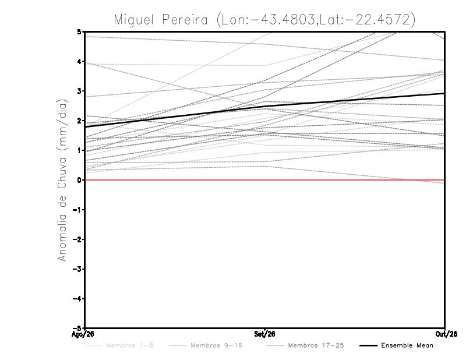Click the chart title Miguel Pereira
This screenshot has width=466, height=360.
[161, 20]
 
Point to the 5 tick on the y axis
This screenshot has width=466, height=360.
[79, 31]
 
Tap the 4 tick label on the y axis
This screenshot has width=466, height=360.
[79, 62]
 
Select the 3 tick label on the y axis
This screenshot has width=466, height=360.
[79, 91]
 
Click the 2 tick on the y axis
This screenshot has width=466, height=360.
[79, 121]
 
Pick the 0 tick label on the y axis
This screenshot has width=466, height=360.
[79, 180]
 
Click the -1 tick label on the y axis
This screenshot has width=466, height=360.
[77, 210]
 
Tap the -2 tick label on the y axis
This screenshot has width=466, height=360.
[77, 239]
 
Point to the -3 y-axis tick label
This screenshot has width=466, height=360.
[77, 269]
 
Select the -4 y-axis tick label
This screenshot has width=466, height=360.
[77, 298]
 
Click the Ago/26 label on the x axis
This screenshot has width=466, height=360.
[83, 334]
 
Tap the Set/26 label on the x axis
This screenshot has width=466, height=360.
[264, 334]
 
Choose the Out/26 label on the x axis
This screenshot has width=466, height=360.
[446, 334]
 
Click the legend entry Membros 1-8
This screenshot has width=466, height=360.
[129, 345]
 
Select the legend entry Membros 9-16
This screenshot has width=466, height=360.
[216, 345]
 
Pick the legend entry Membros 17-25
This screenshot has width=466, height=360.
[316, 345]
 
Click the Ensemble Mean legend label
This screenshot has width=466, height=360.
[407, 345]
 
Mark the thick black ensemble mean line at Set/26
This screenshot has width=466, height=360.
[265, 106]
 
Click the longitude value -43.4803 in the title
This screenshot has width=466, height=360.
[283, 20]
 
